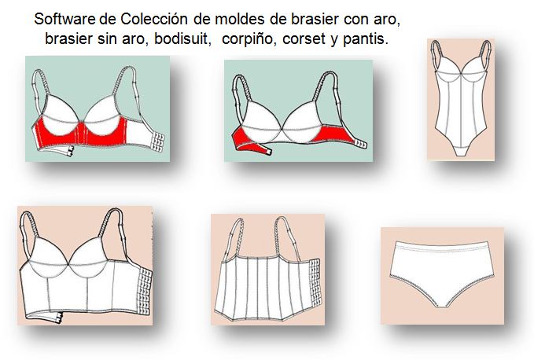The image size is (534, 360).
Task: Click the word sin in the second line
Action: [x=98, y=38]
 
